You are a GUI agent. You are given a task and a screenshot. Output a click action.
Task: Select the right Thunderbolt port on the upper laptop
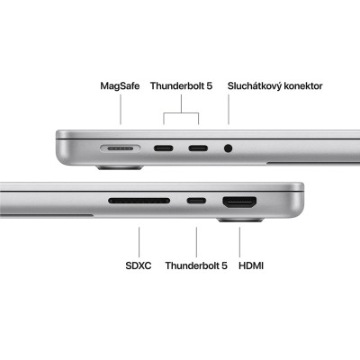[x=198, y=147]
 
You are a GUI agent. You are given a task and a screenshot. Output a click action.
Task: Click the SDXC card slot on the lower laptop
[x=139, y=200]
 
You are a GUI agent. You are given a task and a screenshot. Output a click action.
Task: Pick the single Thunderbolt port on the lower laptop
[x=195, y=200]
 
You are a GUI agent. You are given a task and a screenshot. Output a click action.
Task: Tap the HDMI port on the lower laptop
[x=240, y=200]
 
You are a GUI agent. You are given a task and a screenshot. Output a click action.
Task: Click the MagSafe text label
[x=121, y=86]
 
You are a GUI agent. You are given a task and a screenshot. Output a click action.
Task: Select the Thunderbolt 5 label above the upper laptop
[x=183, y=86]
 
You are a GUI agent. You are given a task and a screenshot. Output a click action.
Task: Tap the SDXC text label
[x=139, y=265]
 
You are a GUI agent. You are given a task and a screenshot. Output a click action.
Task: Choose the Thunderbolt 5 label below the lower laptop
[x=195, y=265]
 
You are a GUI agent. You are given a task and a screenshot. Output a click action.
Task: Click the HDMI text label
[x=251, y=265]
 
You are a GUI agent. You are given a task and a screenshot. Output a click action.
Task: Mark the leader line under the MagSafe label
[x=121, y=110]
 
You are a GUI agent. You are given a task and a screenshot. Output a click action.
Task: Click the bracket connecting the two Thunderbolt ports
[x=183, y=114]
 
